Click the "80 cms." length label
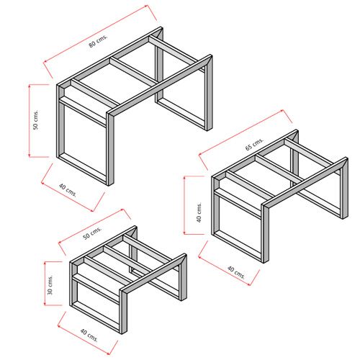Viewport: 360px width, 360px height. (99, 41)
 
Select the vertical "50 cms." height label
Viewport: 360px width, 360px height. (35, 120)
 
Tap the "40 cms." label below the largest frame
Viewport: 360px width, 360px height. (68, 190)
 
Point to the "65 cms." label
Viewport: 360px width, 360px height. (254, 144)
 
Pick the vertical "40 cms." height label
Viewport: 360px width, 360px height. (199, 212)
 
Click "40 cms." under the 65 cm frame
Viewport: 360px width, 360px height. (236, 273)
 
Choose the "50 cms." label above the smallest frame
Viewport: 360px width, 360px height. (92, 233)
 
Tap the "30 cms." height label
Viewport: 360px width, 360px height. (50, 284)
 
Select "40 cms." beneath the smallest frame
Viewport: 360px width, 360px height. (89, 335)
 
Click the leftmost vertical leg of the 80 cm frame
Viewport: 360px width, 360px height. (61, 121)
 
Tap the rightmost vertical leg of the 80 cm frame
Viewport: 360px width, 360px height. (209, 93)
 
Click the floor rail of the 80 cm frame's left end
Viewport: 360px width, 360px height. (83, 168)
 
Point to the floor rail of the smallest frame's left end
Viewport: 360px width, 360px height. (96, 316)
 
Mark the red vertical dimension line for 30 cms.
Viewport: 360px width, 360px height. (45, 284)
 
